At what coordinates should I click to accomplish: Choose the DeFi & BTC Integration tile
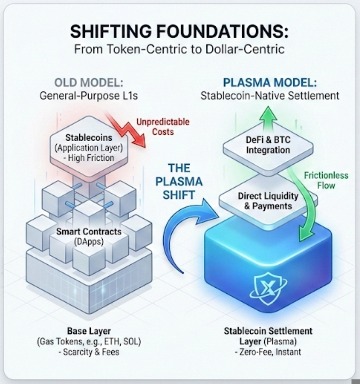268,145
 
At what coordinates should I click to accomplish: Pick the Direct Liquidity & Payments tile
268,201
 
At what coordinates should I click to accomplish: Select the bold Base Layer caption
89,332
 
